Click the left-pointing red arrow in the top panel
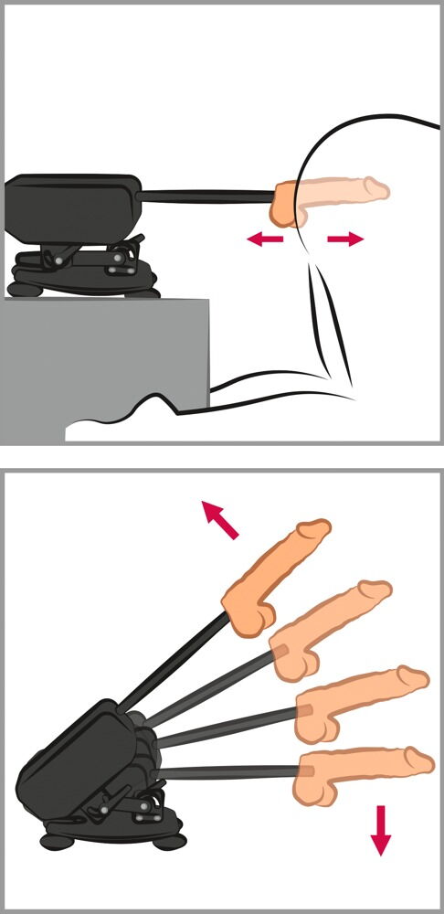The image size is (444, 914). [265, 239]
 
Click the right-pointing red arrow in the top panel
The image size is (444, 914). [345, 239]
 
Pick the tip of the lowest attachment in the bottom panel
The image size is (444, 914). [420, 758]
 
